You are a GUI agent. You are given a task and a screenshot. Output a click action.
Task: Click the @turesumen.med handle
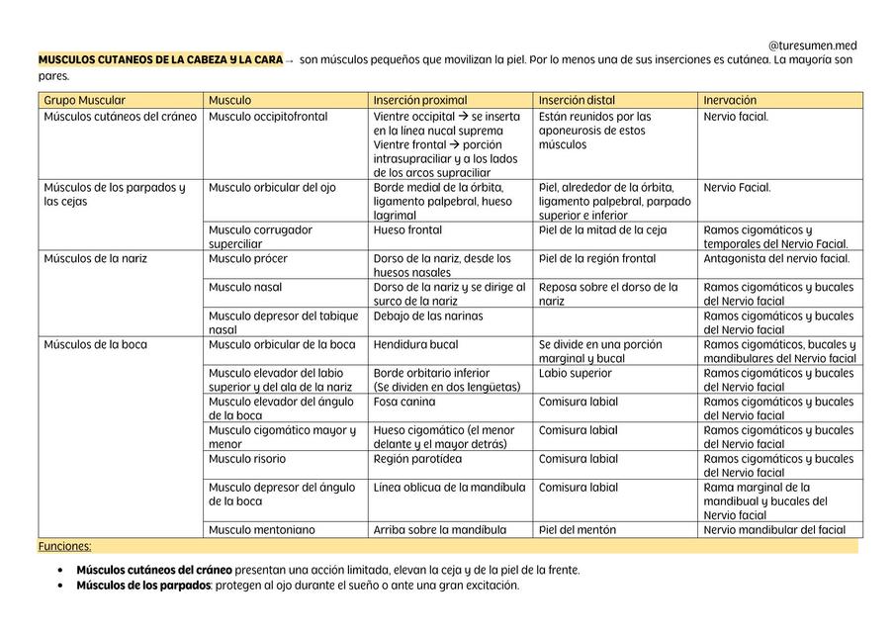click(x=812, y=45)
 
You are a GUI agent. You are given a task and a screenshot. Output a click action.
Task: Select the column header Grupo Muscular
click(x=85, y=101)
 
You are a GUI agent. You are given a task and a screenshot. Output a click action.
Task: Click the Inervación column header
click(x=730, y=101)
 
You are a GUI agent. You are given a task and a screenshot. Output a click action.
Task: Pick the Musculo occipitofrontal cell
click(x=268, y=117)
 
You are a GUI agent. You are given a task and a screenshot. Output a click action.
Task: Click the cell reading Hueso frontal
click(x=407, y=230)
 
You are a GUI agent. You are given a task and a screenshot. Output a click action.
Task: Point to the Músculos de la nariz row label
click(x=95, y=259)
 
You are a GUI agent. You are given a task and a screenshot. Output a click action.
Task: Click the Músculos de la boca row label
click(x=95, y=345)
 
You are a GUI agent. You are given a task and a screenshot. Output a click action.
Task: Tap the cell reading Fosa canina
click(x=404, y=403)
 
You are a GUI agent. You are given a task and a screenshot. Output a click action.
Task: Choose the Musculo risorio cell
click(x=247, y=459)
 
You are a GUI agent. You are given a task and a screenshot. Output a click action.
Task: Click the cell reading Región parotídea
click(x=417, y=459)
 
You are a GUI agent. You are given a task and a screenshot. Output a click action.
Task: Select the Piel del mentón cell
click(x=578, y=530)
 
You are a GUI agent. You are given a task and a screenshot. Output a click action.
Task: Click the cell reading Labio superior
click(x=576, y=374)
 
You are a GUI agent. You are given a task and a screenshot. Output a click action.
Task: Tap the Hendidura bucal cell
click(x=417, y=345)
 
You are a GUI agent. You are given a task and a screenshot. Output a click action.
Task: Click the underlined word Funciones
click(x=65, y=546)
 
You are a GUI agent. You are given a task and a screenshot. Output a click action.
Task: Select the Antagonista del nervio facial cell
click(x=776, y=259)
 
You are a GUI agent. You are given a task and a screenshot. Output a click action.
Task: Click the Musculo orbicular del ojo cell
click(x=272, y=188)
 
